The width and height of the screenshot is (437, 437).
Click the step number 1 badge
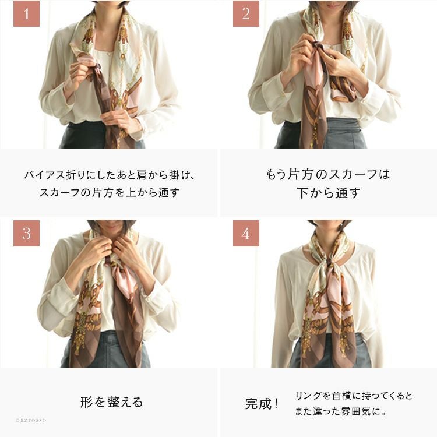coord(26,13)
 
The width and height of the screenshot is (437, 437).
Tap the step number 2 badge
coord(246,13)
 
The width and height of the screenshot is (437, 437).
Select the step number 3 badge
coord(26,233)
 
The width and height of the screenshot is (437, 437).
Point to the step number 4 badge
coord(246,233)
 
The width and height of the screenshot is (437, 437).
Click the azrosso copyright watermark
coord(31,420)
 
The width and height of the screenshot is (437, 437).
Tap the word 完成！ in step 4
coord(262,404)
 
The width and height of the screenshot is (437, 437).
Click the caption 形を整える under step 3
coord(111,402)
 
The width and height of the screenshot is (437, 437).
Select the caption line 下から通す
coord(328,193)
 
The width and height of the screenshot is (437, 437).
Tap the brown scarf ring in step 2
coord(318,46)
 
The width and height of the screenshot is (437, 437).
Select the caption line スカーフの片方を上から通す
coord(109,192)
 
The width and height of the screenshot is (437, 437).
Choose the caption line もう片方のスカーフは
coord(328,174)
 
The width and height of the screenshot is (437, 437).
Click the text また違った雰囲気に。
coord(341,411)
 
